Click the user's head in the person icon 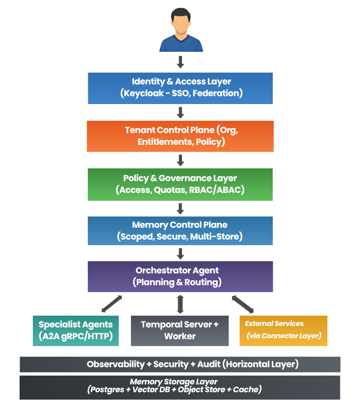pos(180,23)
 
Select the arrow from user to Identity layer pos(180,62)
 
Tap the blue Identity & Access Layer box pos(180,88)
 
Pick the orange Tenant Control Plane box pos(180,136)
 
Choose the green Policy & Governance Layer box pos(180,184)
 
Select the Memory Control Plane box pos(180,231)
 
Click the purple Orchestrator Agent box pos(180,276)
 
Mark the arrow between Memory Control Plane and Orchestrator pos(180,253)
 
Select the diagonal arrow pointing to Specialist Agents pos(111,304)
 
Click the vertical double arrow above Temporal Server pos(180,304)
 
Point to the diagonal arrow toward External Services pos(243,304)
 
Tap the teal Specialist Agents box pos(76,330)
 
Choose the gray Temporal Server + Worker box pos(180,330)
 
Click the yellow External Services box pos(283,330)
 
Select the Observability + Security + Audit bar pos(180,364)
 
